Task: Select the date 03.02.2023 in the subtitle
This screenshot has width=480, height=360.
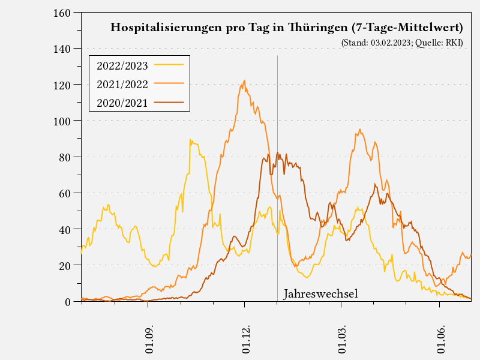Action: [x=391, y=43]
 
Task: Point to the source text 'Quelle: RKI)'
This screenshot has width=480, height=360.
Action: [x=439, y=43]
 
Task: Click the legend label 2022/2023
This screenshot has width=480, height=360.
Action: [x=122, y=65]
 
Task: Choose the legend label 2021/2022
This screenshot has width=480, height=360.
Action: [x=122, y=84]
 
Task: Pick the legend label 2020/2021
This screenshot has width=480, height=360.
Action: [x=122, y=103]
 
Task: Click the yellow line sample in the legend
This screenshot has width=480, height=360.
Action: [x=169, y=65]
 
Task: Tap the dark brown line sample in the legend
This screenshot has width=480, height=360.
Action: [x=169, y=103]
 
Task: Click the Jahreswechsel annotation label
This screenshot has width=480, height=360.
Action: [x=320, y=294]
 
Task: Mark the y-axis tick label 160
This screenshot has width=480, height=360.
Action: [x=63, y=13]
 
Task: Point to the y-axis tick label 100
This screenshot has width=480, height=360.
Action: [x=63, y=121]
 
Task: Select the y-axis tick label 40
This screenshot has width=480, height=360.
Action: [x=66, y=229]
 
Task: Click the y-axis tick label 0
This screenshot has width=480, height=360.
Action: [x=68, y=301]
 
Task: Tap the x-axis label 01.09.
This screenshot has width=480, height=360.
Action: [x=149, y=340]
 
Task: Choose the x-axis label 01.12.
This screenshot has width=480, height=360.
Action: [x=246, y=340]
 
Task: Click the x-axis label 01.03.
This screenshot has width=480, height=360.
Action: [x=343, y=340]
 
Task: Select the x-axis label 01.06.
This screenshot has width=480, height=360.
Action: [x=441, y=340]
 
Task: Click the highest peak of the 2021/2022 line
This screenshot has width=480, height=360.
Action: [x=244, y=80]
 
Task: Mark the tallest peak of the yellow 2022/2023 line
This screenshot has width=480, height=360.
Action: [x=190, y=140]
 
